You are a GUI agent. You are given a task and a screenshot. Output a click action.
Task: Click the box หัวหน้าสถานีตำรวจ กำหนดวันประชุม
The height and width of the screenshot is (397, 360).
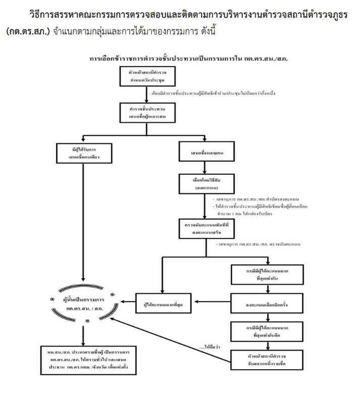[146, 76]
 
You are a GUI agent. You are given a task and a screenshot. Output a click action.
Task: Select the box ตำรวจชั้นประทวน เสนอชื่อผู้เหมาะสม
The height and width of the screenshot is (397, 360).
[146, 114]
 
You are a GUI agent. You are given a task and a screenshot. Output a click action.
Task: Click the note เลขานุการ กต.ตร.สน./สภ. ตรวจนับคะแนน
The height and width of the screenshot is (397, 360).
[257, 244]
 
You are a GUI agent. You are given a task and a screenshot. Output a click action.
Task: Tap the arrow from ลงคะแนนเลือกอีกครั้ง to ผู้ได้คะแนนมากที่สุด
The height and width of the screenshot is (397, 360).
[211, 303]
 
